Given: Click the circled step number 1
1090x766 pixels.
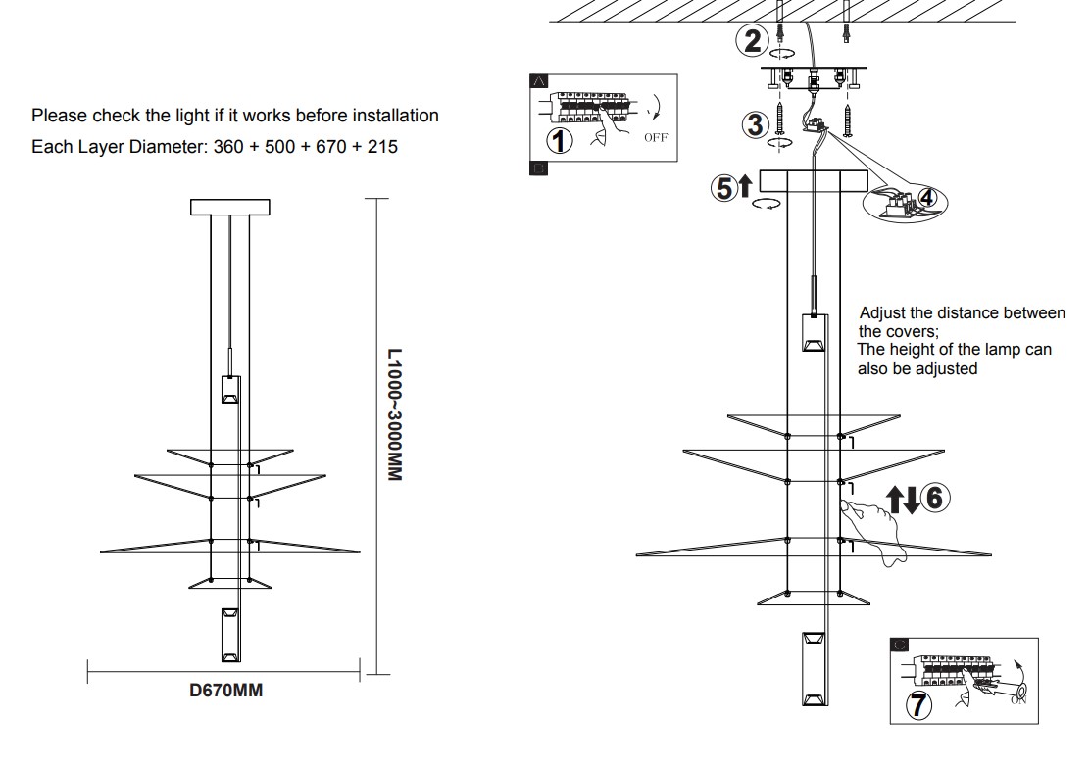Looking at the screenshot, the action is (x=560, y=141).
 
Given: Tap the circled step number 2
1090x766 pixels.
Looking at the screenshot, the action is (x=752, y=40).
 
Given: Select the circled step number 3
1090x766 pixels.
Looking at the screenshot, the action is (x=756, y=125).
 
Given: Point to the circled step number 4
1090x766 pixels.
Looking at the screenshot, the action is (x=927, y=198).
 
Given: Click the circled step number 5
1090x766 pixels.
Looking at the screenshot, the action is (x=724, y=188).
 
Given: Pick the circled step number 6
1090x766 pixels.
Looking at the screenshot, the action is (x=935, y=498).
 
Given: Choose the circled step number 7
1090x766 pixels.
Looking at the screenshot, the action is (x=919, y=705).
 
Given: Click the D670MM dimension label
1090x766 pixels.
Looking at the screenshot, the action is (x=225, y=691).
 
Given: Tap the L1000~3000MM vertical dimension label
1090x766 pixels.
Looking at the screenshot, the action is (x=395, y=414).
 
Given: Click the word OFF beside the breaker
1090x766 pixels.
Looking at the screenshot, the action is (x=656, y=137).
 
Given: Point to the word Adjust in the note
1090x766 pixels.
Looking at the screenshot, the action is (x=883, y=313).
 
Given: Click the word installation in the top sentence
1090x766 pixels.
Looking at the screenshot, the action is (x=396, y=116).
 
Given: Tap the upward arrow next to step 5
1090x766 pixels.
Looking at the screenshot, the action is (x=745, y=185).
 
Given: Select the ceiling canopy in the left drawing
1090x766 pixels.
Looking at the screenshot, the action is (x=230, y=207).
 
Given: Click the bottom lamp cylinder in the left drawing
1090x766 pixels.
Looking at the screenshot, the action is (x=230, y=635).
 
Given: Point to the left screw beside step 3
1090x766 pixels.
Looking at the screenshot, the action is (x=779, y=120).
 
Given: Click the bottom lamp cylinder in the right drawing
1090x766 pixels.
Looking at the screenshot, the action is (x=815, y=669).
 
